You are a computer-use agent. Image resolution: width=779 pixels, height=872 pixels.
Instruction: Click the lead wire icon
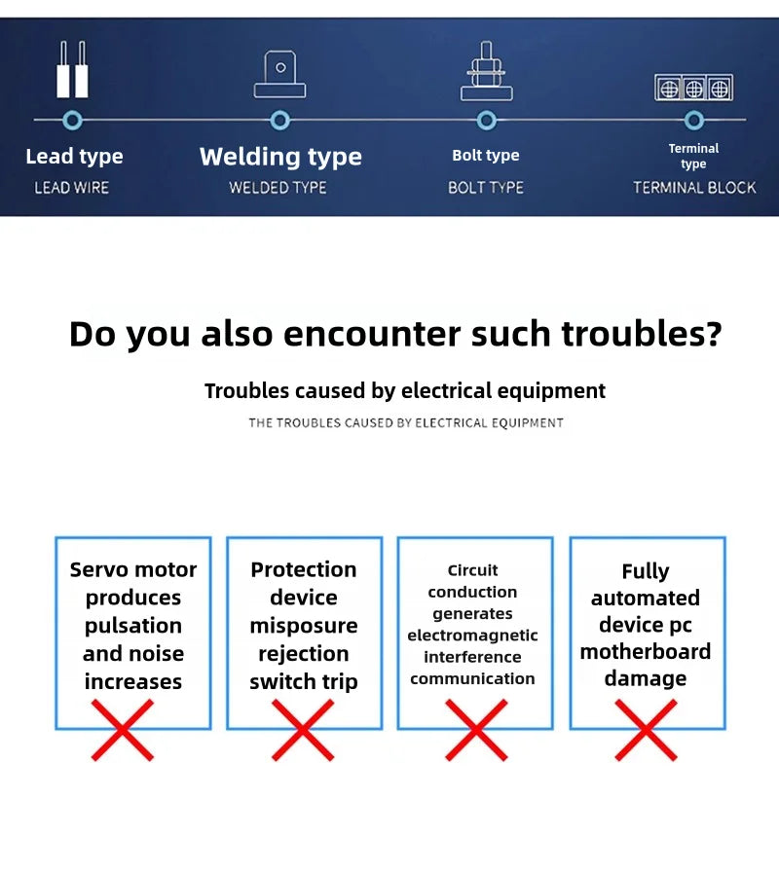(x=72, y=69)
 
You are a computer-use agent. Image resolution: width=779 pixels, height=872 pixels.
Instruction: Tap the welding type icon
(x=279, y=75)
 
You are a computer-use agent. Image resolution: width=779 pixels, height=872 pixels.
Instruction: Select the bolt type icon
(x=486, y=71)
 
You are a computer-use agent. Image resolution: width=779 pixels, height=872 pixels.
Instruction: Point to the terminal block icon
(x=694, y=88)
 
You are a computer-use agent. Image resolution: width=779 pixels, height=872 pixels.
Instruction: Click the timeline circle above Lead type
(x=72, y=120)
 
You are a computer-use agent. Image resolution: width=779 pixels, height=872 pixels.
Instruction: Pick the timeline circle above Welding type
(x=279, y=120)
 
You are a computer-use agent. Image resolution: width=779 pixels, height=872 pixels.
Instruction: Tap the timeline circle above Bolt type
(x=486, y=120)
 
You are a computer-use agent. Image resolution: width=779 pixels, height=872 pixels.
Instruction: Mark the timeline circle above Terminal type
(x=694, y=120)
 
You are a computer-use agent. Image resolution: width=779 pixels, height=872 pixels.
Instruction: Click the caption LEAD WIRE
(x=72, y=188)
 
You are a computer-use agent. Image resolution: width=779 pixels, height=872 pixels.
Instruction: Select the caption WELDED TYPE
(x=278, y=188)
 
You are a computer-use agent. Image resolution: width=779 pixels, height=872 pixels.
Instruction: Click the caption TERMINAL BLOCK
(x=694, y=188)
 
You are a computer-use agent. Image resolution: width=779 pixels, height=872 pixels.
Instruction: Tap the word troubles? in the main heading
(x=642, y=334)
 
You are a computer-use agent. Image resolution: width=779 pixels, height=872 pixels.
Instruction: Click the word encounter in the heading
(x=372, y=334)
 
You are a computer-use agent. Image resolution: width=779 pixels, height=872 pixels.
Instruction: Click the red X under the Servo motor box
(x=123, y=730)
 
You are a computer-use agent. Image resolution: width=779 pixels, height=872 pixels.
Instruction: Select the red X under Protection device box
(x=303, y=730)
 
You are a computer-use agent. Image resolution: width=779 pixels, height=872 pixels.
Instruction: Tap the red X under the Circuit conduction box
(x=476, y=730)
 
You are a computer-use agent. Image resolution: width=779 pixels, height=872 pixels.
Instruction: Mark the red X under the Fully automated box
(x=646, y=730)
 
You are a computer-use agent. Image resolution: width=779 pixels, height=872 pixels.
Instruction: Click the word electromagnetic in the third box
(x=472, y=636)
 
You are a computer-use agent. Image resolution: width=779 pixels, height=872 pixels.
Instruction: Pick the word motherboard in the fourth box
(x=646, y=651)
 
